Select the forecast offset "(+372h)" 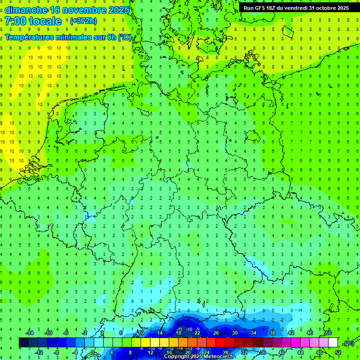pos(83,21)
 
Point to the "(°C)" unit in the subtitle pos(124,37)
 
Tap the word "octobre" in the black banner pos(327,8)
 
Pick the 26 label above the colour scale pos(216,333)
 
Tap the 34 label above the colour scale pos(254,333)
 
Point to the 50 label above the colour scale pos(328,333)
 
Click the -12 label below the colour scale pos(39,352)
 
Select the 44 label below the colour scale pos(300,352)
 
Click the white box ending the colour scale pos(333,343)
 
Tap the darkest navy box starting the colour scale pos(23,343)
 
